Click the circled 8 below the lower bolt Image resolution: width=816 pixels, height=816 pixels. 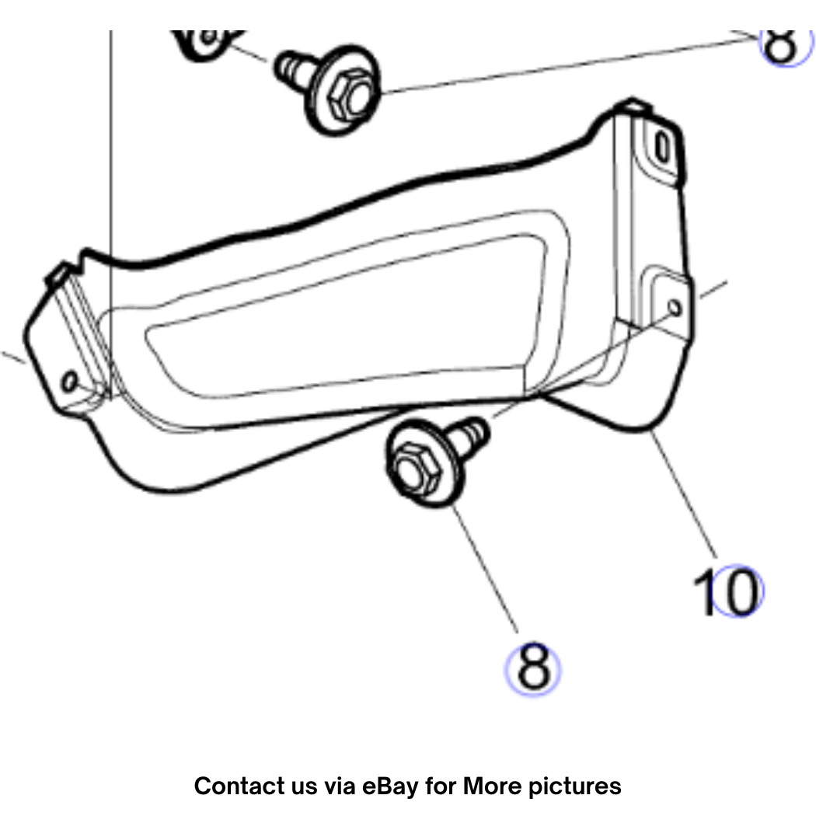click(533, 668)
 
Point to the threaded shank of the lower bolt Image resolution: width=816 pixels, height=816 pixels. click(469, 436)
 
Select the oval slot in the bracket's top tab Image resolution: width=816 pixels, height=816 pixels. click(662, 148)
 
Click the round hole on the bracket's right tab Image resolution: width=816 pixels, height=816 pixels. click(675, 308)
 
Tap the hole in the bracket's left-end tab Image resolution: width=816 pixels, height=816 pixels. click(69, 381)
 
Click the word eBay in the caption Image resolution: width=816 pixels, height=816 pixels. click(390, 786)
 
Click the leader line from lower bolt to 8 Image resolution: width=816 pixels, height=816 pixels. click(485, 569)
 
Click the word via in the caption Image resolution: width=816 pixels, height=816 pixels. click(340, 786)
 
